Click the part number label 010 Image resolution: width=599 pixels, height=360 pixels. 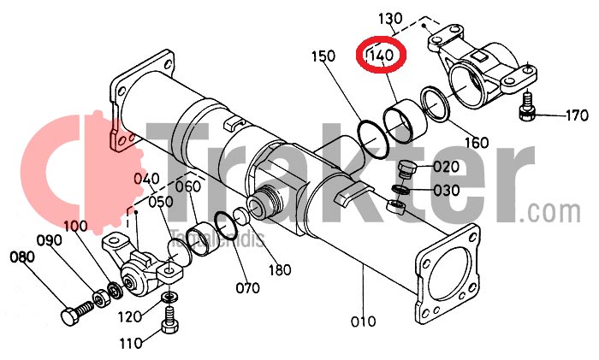coord(363,322)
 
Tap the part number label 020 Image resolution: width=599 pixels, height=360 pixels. coord(447,166)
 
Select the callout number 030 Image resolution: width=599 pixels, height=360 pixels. coord(447,189)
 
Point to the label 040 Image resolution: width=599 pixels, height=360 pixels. coord(146,178)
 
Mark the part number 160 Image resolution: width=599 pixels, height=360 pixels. coord(476,141)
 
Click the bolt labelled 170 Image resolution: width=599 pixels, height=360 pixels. coord(529,108)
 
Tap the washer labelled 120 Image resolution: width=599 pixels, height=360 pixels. coord(169,297)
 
